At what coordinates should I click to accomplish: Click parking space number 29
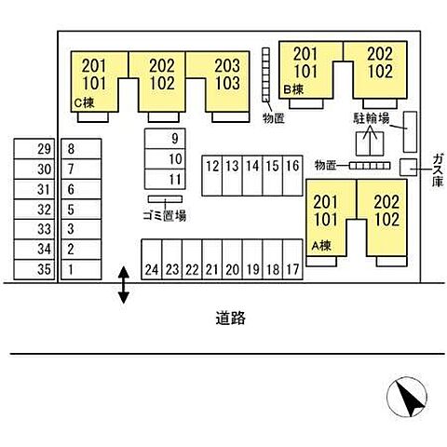[34, 149]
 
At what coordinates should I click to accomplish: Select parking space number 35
[34, 269]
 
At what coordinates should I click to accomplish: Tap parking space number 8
[81, 149]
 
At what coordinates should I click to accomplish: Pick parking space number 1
[81, 269]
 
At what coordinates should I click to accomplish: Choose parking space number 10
[165, 159]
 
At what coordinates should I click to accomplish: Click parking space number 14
[252, 176]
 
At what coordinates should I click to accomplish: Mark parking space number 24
[152, 260]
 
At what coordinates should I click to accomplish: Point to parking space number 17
[292, 260]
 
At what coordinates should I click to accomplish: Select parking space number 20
[232, 260]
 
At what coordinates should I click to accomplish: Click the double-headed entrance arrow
[124, 285]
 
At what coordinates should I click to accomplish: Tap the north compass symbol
[407, 397]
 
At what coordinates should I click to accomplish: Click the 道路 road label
[231, 318]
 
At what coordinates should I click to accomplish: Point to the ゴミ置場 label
[165, 215]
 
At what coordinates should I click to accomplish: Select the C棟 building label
[84, 102]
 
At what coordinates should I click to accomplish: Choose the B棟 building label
[293, 89]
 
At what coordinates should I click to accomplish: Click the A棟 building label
[321, 246]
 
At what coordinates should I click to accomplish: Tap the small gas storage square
[408, 168]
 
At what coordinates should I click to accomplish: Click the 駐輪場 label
[372, 118]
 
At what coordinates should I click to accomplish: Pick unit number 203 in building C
[227, 65]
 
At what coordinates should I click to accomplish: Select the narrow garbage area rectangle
[165, 199]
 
